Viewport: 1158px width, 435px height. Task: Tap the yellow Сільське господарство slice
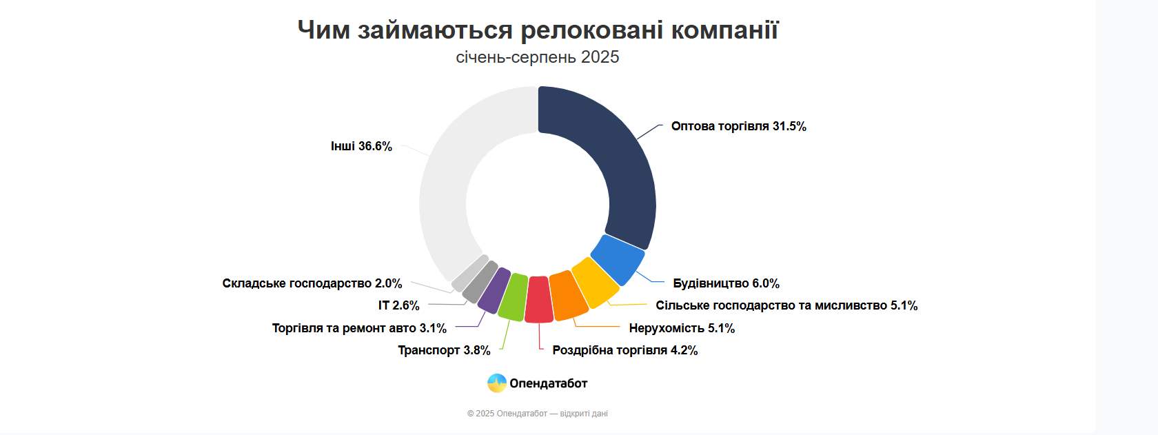(x=595, y=282)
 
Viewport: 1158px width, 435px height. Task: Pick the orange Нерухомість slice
(x=568, y=296)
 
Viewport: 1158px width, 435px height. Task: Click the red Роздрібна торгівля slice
(x=538, y=300)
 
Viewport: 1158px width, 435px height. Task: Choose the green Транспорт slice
(x=513, y=297)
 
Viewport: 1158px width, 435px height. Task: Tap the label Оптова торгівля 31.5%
(x=738, y=126)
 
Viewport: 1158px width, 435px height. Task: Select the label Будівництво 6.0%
(x=726, y=283)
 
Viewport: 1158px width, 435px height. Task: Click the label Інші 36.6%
(x=361, y=146)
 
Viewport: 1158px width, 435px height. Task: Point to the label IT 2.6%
(x=398, y=305)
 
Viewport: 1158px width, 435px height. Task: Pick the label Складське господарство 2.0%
(x=312, y=283)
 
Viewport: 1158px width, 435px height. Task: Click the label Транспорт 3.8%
(x=444, y=350)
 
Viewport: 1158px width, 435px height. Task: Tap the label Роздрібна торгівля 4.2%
(x=624, y=350)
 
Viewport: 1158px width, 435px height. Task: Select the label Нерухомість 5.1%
(x=682, y=328)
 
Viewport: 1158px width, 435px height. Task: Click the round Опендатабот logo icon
(x=497, y=383)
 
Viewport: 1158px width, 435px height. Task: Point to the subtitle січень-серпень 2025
(x=538, y=57)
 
